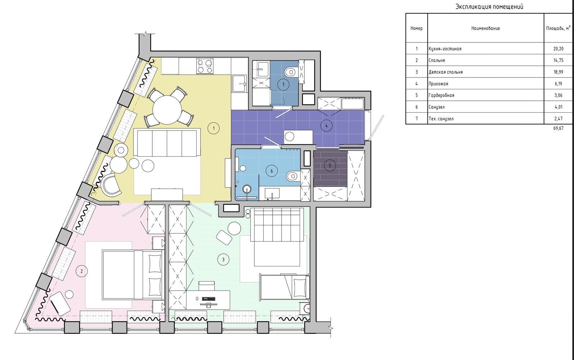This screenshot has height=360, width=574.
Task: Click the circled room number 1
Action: [x=214, y=129]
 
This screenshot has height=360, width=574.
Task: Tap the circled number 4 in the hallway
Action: [x=327, y=126]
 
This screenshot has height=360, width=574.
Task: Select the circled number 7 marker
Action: [x=283, y=85]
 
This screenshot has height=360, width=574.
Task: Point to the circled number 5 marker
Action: [x=329, y=166]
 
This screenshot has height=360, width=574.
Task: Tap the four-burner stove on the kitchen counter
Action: [x=205, y=66]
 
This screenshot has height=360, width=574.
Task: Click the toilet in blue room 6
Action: [x=293, y=176]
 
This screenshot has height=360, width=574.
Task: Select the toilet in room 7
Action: [x=291, y=72]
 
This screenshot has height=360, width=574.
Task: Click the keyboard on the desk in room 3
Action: [x=208, y=299]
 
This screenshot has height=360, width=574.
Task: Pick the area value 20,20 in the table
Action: [x=559, y=49]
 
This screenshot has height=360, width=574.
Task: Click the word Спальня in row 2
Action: [x=437, y=60]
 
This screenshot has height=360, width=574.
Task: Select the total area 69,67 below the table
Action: [x=559, y=128]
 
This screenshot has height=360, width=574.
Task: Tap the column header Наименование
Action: [x=485, y=28]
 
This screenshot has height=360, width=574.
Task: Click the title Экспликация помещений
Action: [x=489, y=7]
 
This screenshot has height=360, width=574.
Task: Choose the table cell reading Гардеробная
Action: [x=441, y=95]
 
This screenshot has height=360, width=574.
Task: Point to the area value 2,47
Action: [x=559, y=119]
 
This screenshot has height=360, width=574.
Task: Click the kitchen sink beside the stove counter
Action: [x=239, y=83]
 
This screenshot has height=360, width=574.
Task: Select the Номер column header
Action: [x=416, y=28]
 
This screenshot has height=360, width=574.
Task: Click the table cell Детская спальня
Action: [x=445, y=72]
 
